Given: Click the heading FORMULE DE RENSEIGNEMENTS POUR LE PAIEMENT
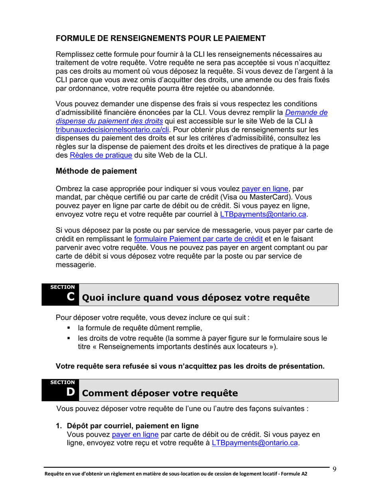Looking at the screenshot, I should click(160, 39).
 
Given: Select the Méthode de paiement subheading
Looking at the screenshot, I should click(96, 171).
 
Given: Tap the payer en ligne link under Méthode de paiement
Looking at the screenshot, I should click(265, 189).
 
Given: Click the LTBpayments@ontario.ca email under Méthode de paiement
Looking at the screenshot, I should click(264, 215).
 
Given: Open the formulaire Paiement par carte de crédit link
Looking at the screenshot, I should click(198, 239).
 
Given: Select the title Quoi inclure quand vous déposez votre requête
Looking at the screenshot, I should click(195, 298).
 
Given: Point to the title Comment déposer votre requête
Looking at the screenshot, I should click(160, 394).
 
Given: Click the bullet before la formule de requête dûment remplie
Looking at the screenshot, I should click(69, 328).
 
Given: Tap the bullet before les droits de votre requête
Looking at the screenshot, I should click(69, 339).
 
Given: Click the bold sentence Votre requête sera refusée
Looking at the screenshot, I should click(190, 366).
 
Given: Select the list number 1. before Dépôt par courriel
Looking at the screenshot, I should click(59, 426).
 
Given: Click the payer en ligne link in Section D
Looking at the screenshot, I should click(135, 434).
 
